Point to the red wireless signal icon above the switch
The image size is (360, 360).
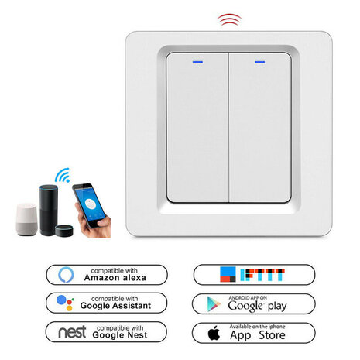(x=228, y=19)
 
